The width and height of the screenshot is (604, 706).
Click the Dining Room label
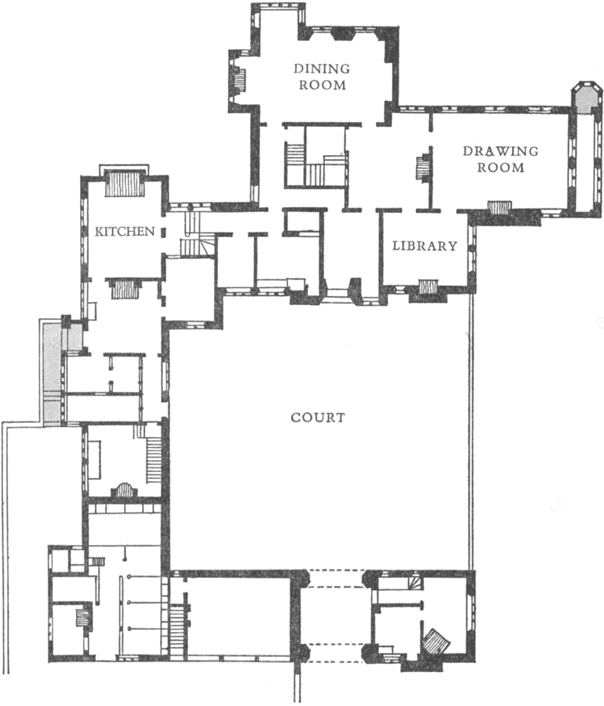322,76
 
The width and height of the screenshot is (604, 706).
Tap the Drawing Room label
501,159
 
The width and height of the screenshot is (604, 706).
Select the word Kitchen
125,231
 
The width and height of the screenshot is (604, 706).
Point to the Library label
424,246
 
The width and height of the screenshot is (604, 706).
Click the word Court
318,418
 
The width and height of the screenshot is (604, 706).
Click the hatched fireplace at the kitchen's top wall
125,184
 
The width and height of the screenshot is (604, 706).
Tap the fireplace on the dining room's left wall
239,81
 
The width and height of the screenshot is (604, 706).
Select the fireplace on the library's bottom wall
428,287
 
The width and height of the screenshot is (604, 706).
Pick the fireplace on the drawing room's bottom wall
500,208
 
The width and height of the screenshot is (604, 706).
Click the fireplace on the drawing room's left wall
423,168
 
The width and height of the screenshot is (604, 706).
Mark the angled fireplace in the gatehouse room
436,641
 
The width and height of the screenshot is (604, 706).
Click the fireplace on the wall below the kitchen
123,288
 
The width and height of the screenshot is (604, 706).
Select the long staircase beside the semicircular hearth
153,459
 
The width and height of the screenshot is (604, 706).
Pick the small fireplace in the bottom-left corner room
82,618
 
